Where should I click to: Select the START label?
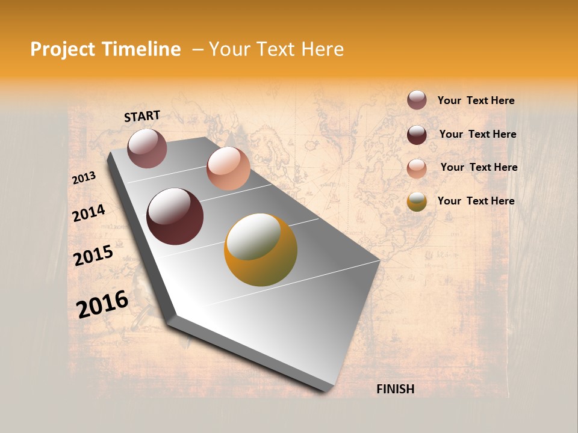(142, 116)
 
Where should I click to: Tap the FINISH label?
(395, 389)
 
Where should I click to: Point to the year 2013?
(84, 178)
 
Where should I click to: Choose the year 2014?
(89, 213)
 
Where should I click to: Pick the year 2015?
(93, 255)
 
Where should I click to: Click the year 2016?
(102, 304)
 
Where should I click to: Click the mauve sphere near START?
(147, 148)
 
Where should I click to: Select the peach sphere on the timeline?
(228, 168)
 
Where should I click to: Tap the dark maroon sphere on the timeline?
(175, 216)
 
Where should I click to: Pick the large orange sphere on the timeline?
(261, 250)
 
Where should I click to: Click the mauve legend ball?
(417, 100)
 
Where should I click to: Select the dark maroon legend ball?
(417, 134)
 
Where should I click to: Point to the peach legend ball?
(417, 168)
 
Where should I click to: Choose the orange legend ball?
(417, 201)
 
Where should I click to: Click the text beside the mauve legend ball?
(476, 100)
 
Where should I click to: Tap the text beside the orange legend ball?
(476, 201)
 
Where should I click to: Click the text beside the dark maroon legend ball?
(477, 134)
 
